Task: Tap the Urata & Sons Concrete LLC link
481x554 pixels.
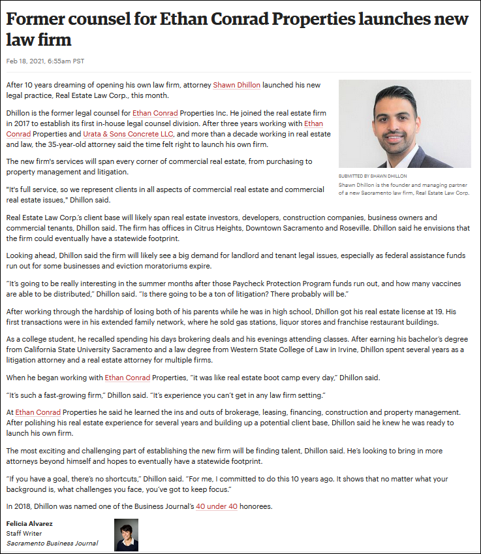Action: (x=138, y=134)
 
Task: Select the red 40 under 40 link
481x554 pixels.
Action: (x=216, y=506)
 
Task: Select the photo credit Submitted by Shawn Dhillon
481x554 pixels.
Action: (x=373, y=176)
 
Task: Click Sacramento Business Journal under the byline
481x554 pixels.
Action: (x=52, y=543)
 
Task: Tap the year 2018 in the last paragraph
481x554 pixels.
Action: (x=23, y=506)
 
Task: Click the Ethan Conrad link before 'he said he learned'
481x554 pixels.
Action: (x=37, y=412)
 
